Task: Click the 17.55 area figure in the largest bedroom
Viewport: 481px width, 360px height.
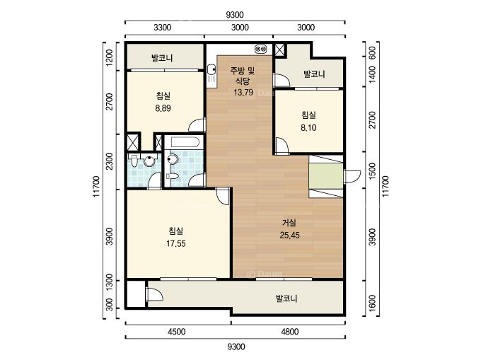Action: tap(175, 243)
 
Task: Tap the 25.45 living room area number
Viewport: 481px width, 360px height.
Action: tap(289, 236)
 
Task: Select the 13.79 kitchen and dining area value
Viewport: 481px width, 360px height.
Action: tap(243, 92)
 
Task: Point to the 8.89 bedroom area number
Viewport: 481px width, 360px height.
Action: tap(163, 108)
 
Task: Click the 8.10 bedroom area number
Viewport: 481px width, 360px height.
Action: tap(308, 127)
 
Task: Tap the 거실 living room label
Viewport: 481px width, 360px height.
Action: tap(289, 223)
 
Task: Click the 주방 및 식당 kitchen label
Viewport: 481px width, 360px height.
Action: tap(243, 76)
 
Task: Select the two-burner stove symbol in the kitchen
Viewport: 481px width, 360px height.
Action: tap(261, 49)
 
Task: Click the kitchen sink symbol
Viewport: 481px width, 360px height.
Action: tap(211, 74)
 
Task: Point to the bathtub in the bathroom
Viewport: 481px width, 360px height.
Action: tap(185, 142)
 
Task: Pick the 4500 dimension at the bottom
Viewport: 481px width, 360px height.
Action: tap(177, 332)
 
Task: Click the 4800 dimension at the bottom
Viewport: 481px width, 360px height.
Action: tap(289, 332)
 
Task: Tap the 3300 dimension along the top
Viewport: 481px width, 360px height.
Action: tap(162, 28)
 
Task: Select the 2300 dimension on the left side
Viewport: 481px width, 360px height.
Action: tap(109, 161)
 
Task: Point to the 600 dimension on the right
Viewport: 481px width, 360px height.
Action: tap(372, 53)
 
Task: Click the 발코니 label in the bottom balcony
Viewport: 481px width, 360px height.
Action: tap(286, 298)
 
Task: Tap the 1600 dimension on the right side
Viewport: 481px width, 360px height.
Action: tap(372, 303)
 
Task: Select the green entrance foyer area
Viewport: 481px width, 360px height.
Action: tap(326, 176)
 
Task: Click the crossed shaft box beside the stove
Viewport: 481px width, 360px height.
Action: tap(279, 50)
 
